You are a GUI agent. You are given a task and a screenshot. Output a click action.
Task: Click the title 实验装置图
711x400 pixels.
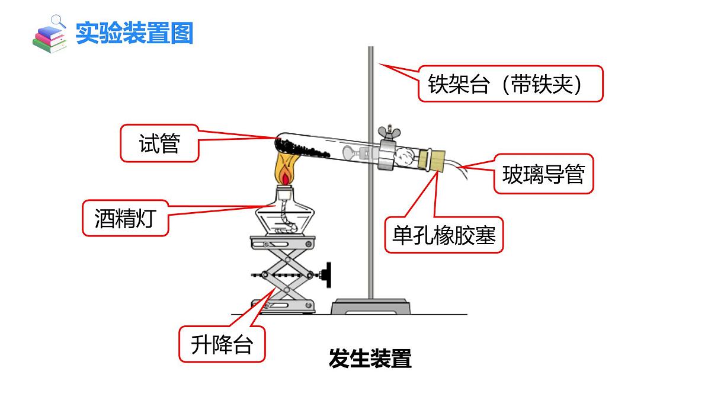134,33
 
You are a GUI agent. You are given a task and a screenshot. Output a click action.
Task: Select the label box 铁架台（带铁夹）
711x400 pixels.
511,84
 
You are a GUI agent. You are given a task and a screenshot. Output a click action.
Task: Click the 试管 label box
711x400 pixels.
159,143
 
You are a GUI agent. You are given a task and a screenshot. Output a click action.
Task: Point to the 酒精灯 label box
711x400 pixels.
125,218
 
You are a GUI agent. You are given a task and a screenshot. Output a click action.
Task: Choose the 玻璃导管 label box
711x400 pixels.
543,174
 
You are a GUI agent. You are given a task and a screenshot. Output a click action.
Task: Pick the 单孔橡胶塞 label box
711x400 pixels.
444,235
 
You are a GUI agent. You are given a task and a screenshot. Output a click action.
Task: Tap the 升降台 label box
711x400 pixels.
222,344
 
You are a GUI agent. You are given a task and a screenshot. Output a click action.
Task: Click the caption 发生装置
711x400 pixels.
370,359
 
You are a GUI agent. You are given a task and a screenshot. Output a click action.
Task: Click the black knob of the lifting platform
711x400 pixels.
326,275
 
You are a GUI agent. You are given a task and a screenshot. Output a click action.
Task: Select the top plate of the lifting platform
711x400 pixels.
283,242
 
